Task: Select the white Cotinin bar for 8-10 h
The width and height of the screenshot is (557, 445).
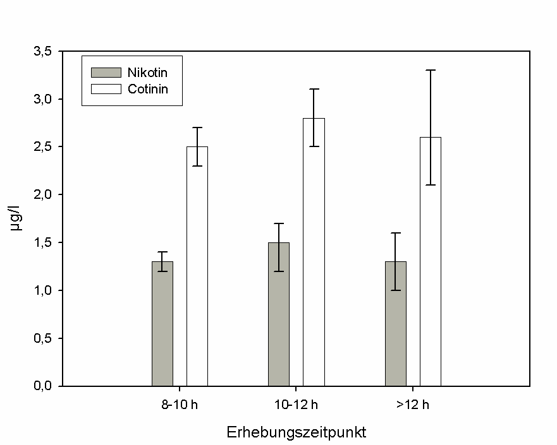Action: (x=197, y=266)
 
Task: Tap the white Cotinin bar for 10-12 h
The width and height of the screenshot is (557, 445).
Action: (x=314, y=252)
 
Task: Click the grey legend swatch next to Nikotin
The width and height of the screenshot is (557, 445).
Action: (x=106, y=72)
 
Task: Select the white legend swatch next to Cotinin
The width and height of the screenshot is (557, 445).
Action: (x=106, y=89)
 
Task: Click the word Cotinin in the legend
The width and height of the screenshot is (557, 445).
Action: (x=147, y=89)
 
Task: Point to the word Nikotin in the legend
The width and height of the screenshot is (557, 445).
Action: (x=146, y=72)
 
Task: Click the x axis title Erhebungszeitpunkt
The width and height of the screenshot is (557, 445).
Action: (x=297, y=433)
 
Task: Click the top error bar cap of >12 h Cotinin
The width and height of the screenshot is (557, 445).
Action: (x=431, y=70)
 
